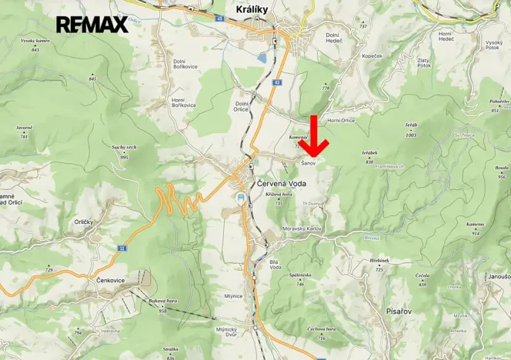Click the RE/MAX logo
(x=92, y=24)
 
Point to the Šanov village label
(x=309, y=163)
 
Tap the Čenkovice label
(x=112, y=280)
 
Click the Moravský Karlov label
(x=302, y=228)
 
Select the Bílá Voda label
(x=274, y=265)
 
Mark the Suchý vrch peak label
(x=124, y=146)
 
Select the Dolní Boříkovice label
(x=185, y=65)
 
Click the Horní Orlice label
(x=340, y=120)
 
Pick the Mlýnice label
(x=234, y=295)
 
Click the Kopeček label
(x=372, y=56)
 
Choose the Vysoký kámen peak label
(x=35, y=40)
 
